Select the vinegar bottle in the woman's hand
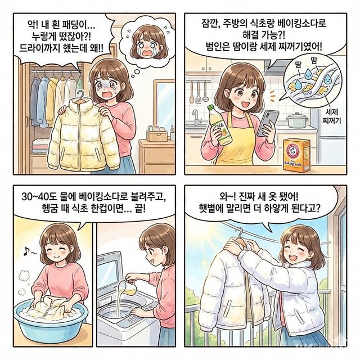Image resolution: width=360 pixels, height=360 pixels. [x=221, y=125]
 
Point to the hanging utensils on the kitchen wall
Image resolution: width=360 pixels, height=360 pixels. [x=197, y=89]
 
